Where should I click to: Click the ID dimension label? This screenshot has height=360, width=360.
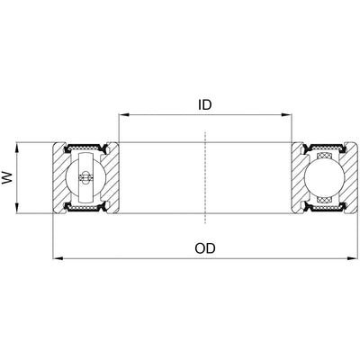[205, 104]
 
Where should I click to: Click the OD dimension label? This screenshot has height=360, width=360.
[205, 247]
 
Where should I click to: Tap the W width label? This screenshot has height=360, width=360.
[10, 178]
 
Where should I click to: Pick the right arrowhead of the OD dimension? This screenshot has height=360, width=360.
[351, 259]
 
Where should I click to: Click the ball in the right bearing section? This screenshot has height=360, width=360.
[325, 178]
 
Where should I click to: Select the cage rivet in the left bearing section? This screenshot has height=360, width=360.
[85, 178]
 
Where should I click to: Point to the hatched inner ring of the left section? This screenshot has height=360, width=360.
[112, 178]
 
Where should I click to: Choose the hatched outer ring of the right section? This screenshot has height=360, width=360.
[348, 178]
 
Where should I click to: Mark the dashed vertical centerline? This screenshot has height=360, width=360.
[205, 180]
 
